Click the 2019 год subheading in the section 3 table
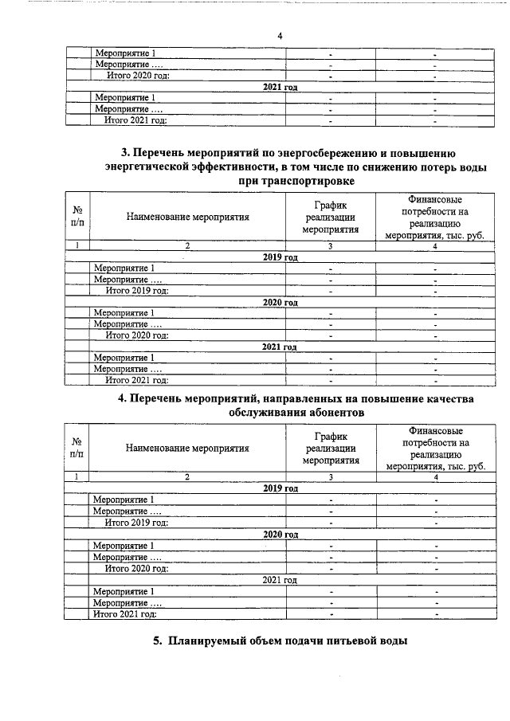click(280, 257)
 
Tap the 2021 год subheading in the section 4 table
click(280, 580)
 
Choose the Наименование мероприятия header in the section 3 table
click(187, 216)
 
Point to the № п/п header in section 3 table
click(78, 216)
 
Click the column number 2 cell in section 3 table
click(187, 246)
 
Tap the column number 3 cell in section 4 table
click(329, 477)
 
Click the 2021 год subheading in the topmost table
click(280, 87)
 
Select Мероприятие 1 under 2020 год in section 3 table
click(124, 313)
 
